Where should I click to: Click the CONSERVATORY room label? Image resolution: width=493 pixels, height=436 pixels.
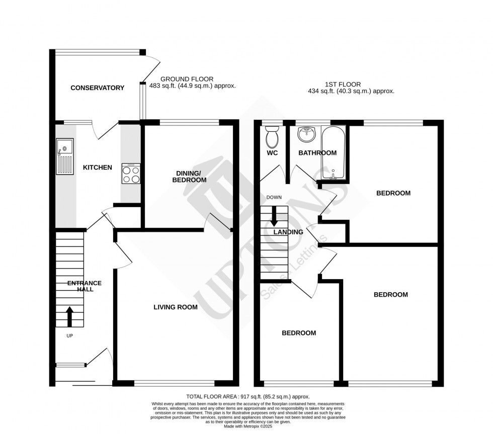[x=97, y=88]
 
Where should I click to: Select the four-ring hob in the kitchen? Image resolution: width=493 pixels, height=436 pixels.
[x=131, y=174]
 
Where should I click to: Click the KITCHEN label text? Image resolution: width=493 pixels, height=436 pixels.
[x=97, y=167]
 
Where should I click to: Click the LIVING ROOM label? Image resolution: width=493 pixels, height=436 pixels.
[x=176, y=307]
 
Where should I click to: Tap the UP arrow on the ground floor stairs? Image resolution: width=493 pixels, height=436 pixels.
[x=69, y=317]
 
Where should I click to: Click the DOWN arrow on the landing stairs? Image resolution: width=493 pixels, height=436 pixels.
[x=274, y=216]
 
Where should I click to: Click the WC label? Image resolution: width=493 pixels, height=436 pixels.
[x=273, y=153]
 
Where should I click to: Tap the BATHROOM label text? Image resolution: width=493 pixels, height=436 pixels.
[x=317, y=153]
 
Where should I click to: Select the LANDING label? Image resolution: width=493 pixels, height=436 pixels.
[x=288, y=232]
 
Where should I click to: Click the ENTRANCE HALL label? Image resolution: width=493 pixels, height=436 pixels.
[x=85, y=286]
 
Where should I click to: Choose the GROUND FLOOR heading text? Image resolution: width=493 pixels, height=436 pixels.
[x=187, y=79]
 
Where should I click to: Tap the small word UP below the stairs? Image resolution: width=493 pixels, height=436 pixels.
[x=69, y=335]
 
